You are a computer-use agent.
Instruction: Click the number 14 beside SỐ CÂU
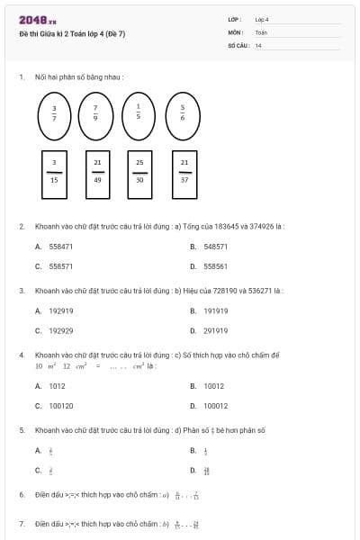pos(258,45)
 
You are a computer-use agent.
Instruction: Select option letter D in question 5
pos(193,470)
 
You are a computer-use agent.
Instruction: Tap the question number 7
pos(22,523)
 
